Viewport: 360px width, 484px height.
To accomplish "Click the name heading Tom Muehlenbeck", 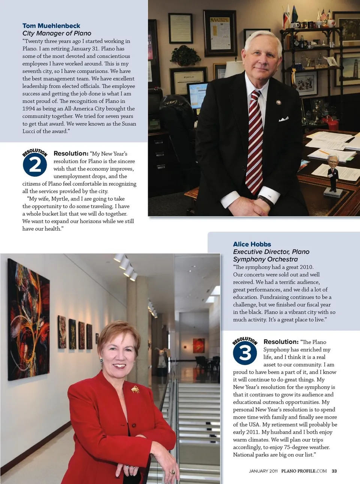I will click(51, 26).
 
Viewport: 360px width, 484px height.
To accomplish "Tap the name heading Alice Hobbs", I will click(252, 244).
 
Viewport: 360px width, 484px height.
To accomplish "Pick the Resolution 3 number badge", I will click(245, 353).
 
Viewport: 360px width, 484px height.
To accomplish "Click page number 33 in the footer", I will click(334, 471).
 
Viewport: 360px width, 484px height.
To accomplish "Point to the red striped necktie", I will click(255, 143).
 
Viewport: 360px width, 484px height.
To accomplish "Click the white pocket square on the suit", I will click(283, 119).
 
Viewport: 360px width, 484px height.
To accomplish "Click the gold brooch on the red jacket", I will click(135, 389).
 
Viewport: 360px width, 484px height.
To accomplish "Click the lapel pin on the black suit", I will click(279, 102).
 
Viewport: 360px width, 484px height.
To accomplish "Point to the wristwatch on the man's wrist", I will click(267, 201).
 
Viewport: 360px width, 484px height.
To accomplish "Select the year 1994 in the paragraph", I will click(28, 109).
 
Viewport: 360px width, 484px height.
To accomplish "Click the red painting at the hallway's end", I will click(199, 345).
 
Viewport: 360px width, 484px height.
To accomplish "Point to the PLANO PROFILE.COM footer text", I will click(304, 471).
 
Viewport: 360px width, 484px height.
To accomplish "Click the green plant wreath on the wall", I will click(185, 56).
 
